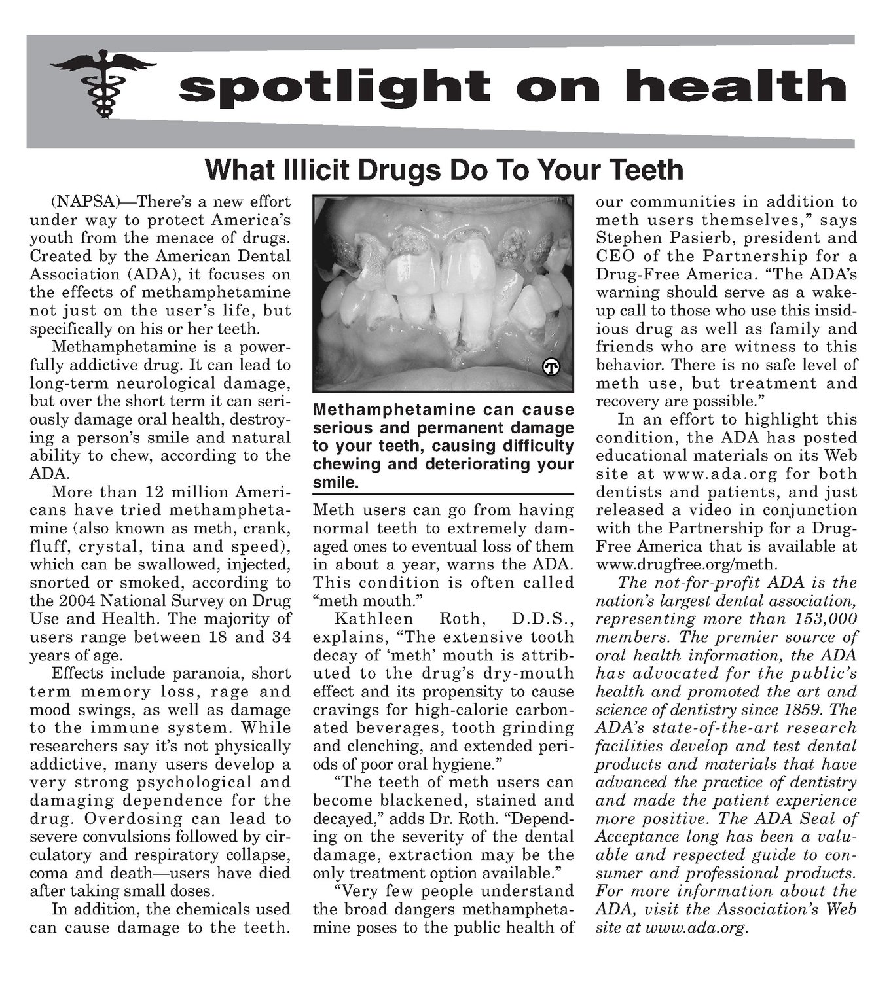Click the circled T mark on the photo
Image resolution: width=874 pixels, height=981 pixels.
[x=551, y=368]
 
